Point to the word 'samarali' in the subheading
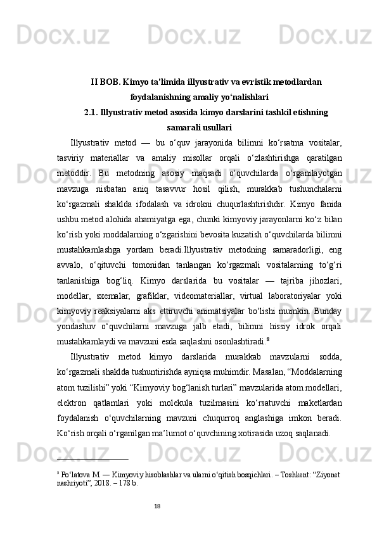pyautogui.click(x=182, y=127)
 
